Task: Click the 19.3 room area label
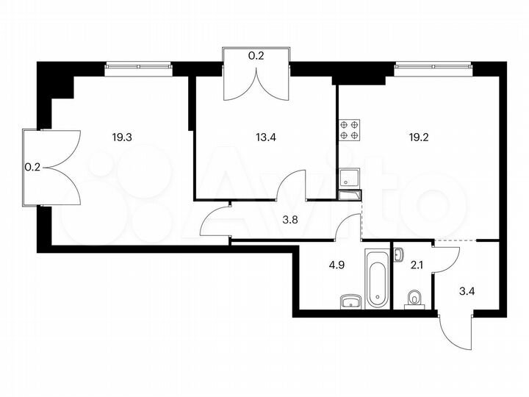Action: click(123, 137)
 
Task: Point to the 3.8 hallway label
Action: click(292, 218)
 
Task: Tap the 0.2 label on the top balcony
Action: click(256, 54)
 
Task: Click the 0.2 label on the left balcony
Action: click(32, 167)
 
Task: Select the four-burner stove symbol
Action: click(349, 130)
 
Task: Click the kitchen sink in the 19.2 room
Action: click(348, 176)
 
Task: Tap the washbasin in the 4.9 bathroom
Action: click(350, 300)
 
